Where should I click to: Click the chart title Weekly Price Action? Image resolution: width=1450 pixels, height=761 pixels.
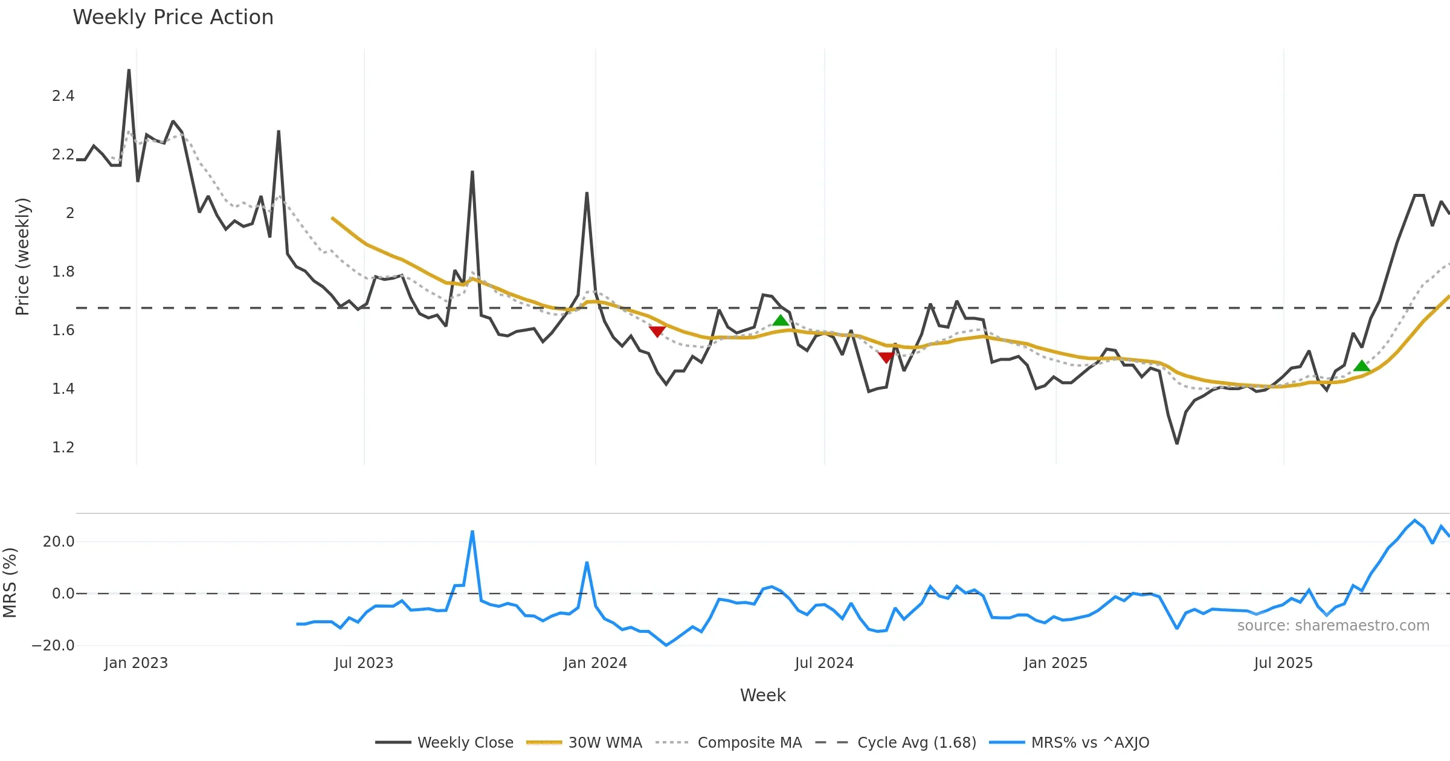pos(173,18)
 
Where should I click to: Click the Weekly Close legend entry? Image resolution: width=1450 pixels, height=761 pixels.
pos(465,742)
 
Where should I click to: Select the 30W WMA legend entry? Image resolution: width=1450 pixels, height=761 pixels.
pos(605,742)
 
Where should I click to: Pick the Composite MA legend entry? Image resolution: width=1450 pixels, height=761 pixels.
pos(749,742)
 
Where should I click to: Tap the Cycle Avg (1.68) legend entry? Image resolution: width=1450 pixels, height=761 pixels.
pos(916,742)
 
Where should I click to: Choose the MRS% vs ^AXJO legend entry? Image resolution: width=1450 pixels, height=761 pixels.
pos(1089,742)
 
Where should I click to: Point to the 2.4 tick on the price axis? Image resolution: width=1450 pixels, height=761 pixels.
pos(63,96)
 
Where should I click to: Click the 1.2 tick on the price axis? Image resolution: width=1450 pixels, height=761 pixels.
pos(63,448)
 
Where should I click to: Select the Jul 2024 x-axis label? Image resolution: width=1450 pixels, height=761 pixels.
pos(824,663)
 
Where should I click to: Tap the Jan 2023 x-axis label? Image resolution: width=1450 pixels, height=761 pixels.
pos(136,663)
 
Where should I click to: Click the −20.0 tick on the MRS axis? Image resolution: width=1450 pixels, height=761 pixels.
pos(53,646)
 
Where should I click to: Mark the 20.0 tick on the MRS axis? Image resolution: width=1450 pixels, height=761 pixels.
pos(59,542)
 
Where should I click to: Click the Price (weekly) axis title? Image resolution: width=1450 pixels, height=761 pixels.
pos(22,257)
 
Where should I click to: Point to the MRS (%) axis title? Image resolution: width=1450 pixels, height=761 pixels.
pos(10,583)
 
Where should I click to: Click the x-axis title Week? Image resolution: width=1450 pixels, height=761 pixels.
pos(762,696)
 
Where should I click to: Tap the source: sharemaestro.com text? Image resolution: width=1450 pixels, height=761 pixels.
pos(1333,626)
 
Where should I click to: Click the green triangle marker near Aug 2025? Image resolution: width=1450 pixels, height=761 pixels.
pos(1361,366)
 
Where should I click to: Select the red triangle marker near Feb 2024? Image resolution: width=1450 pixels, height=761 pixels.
pos(657,331)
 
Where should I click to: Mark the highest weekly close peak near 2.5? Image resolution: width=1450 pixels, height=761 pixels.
pos(129,70)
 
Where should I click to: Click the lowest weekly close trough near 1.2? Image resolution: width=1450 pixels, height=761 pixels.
pos(1177,443)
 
